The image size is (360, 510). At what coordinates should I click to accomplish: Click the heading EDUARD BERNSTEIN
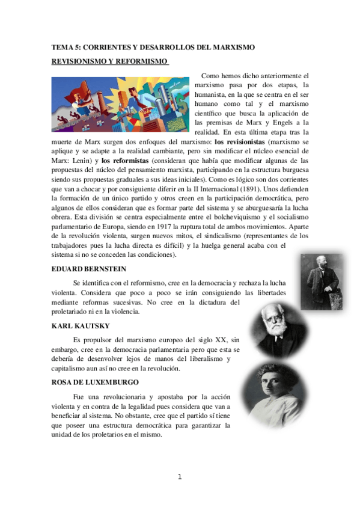pos(88,269)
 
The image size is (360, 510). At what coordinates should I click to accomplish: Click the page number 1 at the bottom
pos(180,478)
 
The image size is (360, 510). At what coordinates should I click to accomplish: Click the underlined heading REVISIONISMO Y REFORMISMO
pos(109,61)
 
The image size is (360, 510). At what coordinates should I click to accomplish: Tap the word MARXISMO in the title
pos(231,47)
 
